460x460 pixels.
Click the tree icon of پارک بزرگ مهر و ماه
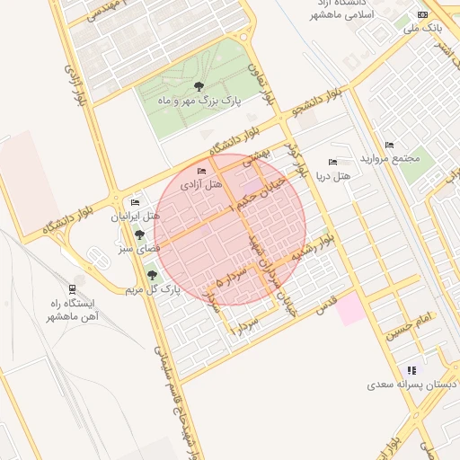pyautogui.click(x=199, y=86)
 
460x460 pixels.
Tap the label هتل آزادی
pyautogui.click(x=201, y=184)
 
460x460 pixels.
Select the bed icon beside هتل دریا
pyautogui.click(x=333, y=163)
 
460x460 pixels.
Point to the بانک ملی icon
pyautogui.click(x=423, y=14)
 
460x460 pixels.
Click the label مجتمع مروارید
pyautogui.click(x=389, y=158)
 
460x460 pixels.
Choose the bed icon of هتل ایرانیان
pyautogui.click(x=136, y=203)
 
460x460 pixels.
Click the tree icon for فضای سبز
pyautogui.click(x=139, y=233)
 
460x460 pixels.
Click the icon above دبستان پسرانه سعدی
pyautogui.click(x=411, y=369)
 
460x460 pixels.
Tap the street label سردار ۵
pyautogui.click(x=232, y=280)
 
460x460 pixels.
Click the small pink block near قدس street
pyautogui.click(x=351, y=310)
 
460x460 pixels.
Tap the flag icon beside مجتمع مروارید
pyautogui.click(x=389, y=145)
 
